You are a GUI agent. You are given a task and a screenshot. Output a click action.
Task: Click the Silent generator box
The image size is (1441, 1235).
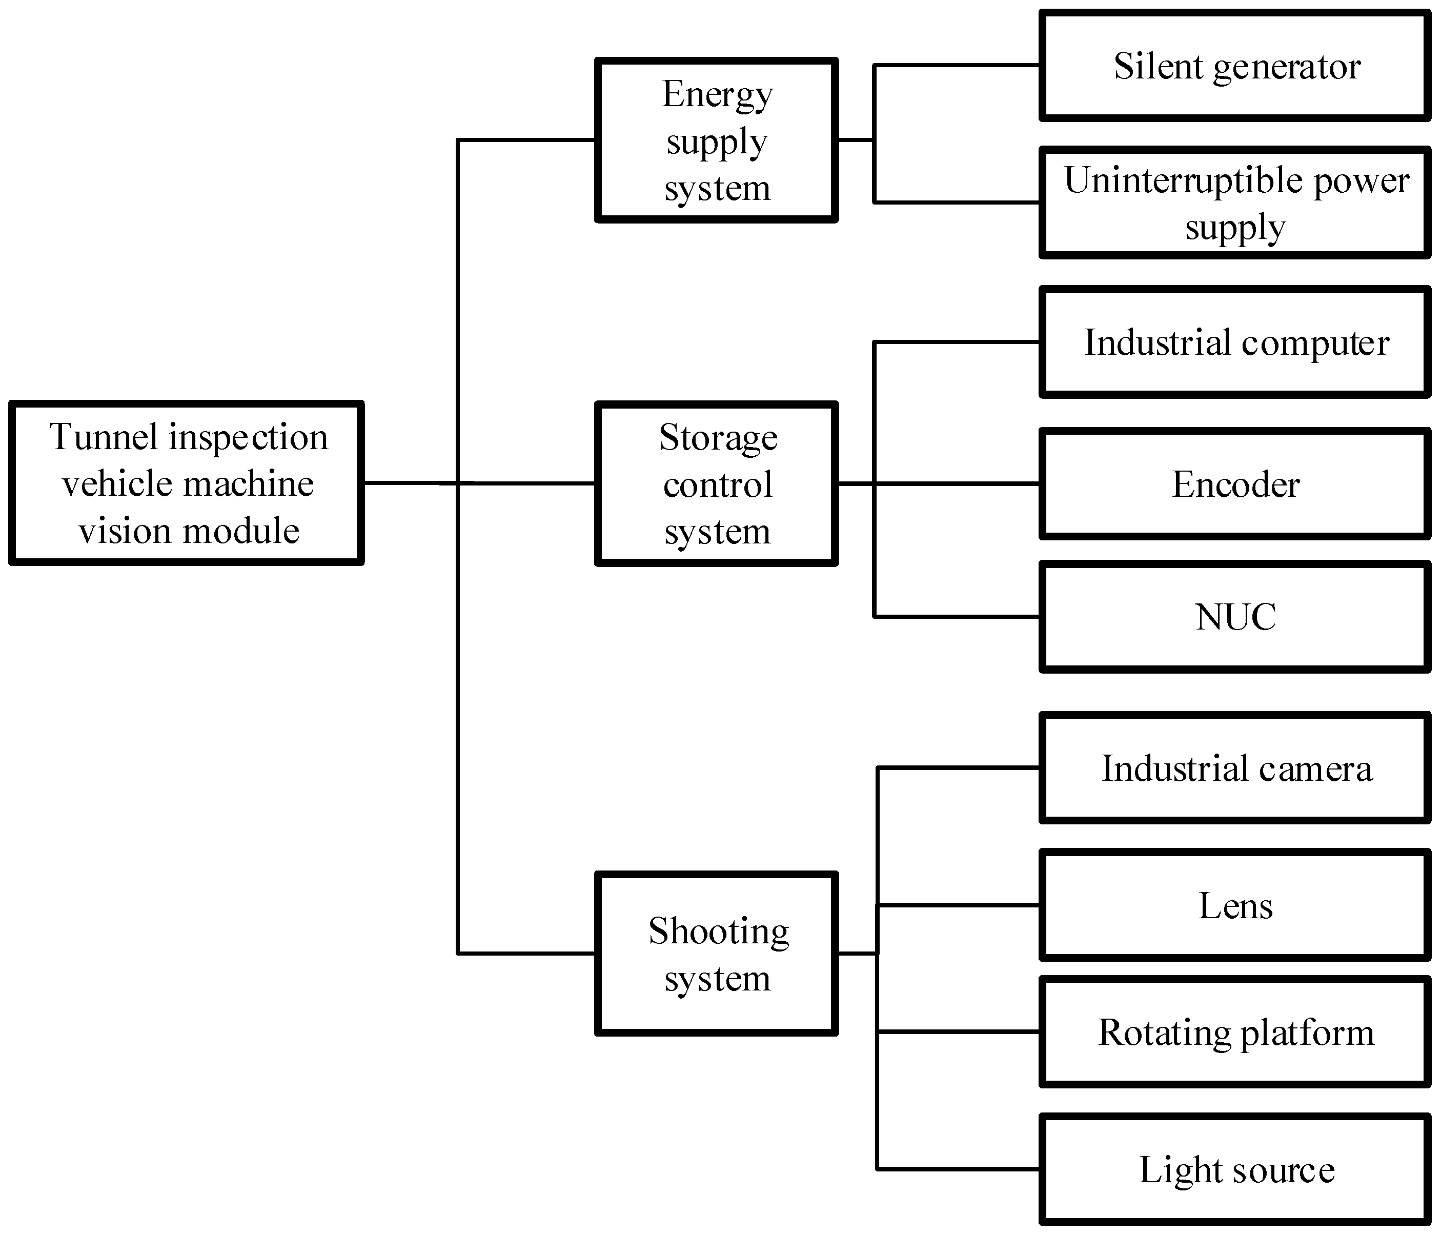(x=1234, y=66)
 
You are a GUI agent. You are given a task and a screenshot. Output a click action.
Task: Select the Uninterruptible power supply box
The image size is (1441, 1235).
(x=1234, y=203)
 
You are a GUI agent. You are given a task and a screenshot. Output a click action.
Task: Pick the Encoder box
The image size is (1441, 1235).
(x=1234, y=484)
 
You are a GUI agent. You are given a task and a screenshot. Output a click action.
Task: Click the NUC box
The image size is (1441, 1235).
(x=1234, y=617)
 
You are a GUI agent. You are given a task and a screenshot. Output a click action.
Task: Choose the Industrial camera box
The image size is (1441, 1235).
(x=1234, y=768)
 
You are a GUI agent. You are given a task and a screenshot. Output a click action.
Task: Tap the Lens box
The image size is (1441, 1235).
(x=1234, y=905)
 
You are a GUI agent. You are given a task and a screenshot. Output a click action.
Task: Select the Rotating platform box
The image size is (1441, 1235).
(x=1234, y=1032)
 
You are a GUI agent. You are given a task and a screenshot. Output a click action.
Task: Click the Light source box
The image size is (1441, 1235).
(x=1234, y=1169)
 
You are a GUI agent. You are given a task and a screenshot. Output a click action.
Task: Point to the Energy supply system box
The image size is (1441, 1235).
(x=716, y=140)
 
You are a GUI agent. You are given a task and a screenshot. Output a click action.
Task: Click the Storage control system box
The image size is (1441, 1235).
(x=716, y=484)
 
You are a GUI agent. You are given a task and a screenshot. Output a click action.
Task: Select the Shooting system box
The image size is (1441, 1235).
(x=716, y=954)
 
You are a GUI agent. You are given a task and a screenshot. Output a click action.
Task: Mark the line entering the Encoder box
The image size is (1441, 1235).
(x=960, y=483)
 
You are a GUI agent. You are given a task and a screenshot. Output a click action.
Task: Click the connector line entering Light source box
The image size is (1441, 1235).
(x=960, y=1169)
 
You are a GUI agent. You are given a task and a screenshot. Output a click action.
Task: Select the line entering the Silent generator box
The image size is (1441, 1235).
(x=960, y=66)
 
